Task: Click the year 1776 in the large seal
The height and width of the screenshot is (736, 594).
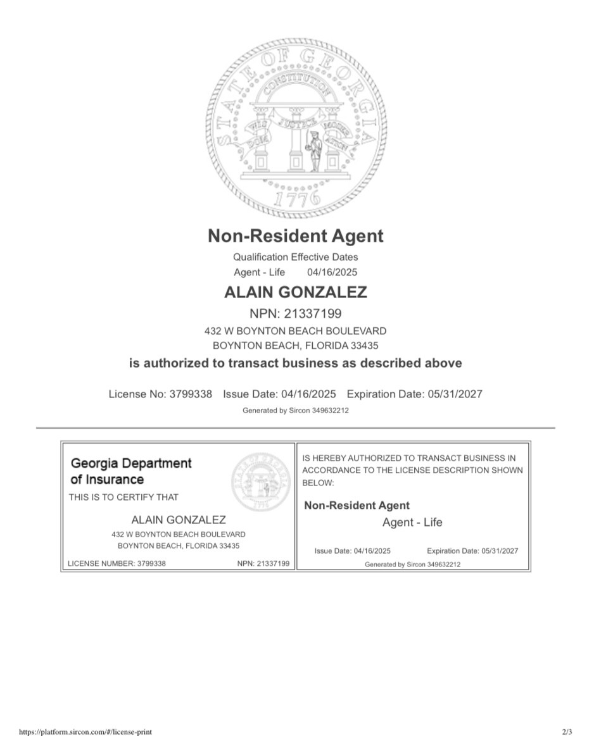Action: click(x=296, y=199)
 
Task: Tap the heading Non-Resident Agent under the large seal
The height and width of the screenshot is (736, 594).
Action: click(x=296, y=236)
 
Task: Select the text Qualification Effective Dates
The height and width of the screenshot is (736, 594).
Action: click(x=295, y=257)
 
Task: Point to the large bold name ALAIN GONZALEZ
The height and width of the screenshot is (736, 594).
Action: click(x=296, y=292)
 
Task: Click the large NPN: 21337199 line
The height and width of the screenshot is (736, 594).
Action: click(x=296, y=313)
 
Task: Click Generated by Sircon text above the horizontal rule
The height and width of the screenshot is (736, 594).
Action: click(x=296, y=411)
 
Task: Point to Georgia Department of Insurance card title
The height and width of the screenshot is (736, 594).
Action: click(x=131, y=471)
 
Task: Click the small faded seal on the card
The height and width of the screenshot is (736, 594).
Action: click(x=261, y=482)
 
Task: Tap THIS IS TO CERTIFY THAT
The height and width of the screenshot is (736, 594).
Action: click(x=123, y=497)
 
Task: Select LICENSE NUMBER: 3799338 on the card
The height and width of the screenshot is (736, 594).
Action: click(x=117, y=563)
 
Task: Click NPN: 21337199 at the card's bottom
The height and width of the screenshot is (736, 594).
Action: click(x=263, y=563)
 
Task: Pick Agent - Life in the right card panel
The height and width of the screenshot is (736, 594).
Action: click(x=412, y=523)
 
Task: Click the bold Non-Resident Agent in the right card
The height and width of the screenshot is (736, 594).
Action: click(x=357, y=506)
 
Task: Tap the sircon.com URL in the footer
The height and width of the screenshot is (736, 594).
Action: click(x=85, y=732)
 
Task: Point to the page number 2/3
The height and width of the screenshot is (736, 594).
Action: click(x=567, y=732)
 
